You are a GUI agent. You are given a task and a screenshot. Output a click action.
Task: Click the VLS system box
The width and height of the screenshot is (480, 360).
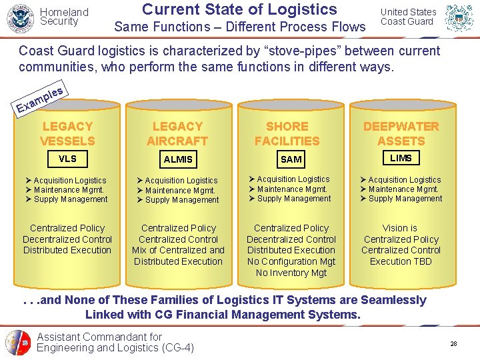67,159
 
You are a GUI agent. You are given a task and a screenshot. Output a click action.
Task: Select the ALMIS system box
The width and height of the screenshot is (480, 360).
178,159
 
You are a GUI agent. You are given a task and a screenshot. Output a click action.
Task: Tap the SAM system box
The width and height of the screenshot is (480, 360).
291,159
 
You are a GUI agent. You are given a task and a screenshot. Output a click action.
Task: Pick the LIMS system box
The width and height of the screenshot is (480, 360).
401,158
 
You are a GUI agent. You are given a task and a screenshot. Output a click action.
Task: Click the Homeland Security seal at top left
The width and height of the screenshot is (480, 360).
19,18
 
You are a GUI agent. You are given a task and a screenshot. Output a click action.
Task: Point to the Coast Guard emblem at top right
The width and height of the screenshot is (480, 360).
459,18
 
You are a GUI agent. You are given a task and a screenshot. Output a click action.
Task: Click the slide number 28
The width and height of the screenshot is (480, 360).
453,343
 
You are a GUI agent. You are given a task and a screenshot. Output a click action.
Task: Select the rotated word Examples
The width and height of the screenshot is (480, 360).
40,98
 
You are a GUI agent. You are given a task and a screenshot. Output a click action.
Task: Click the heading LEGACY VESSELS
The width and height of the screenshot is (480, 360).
67,133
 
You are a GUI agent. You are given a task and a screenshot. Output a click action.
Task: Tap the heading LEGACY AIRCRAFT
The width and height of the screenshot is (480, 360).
177,133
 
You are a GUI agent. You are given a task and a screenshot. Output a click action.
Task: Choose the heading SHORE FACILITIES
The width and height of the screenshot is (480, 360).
287,133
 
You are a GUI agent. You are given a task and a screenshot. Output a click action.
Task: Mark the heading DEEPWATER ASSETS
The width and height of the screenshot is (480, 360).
401,133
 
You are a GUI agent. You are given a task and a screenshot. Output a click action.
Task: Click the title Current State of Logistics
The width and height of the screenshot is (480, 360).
239,9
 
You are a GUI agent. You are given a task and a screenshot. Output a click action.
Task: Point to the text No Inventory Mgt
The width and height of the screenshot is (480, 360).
291,273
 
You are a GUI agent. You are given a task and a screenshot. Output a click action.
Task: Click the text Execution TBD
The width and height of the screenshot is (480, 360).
401,261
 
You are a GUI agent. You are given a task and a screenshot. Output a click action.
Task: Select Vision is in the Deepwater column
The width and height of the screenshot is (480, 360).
400,228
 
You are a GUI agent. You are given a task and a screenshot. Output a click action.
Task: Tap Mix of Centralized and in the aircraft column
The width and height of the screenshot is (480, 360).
178,250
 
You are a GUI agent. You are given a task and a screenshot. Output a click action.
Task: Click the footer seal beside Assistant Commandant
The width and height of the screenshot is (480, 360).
18,343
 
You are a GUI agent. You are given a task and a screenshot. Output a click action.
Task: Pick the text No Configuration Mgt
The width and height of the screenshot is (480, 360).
291,261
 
